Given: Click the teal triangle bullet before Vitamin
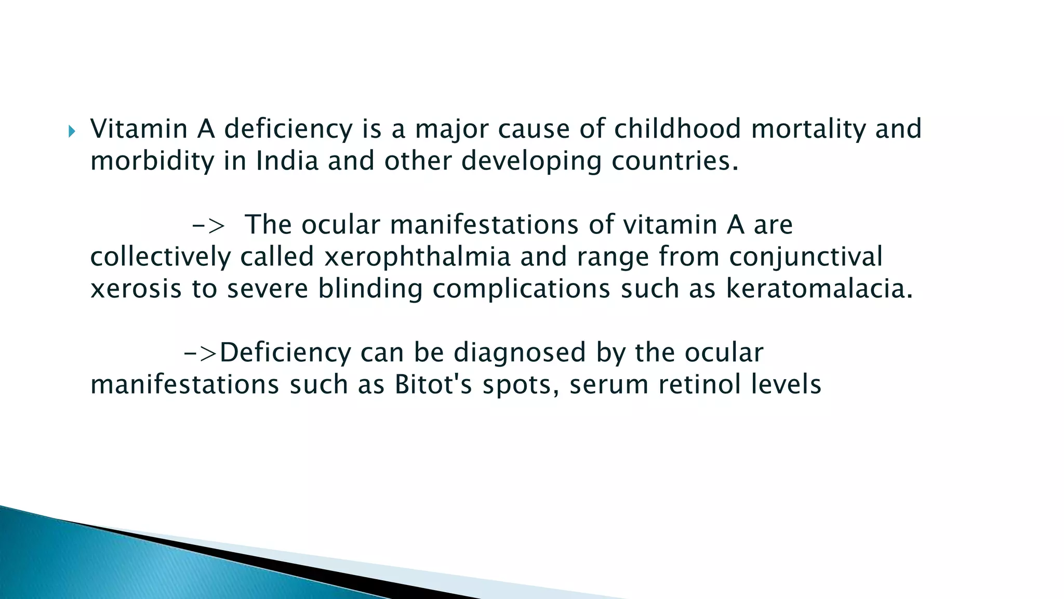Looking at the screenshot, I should [72, 132].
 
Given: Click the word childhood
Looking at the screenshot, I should [677, 128].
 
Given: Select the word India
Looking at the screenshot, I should [287, 161].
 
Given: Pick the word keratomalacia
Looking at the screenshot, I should [819, 289].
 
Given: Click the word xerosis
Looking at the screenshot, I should [136, 289].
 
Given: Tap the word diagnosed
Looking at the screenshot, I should [520, 353].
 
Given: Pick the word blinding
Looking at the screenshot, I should [370, 289].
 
